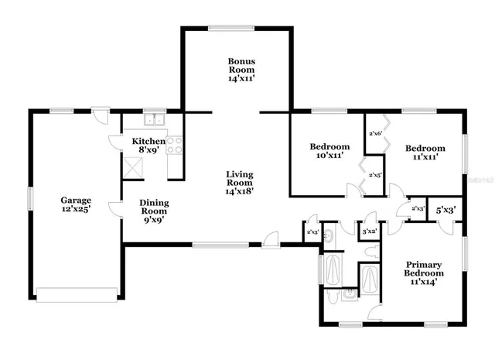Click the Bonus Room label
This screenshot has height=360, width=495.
(241, 70)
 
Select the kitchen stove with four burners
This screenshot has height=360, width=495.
(175, 145)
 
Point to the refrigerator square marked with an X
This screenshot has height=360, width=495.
(132, 165)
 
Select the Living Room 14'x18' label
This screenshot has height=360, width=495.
(240, 183)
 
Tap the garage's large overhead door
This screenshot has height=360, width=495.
(77, 295)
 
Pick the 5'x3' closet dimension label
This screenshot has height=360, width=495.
(445, 209)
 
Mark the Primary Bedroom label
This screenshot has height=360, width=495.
(425, 273)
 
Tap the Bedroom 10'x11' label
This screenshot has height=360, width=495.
(329, 151)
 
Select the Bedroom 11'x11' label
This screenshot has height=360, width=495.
(425, 152)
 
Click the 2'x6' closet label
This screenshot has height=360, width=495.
(376, 134)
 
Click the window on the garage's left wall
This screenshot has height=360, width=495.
(30, 198)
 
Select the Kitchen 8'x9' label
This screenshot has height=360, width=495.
(148, 146)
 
